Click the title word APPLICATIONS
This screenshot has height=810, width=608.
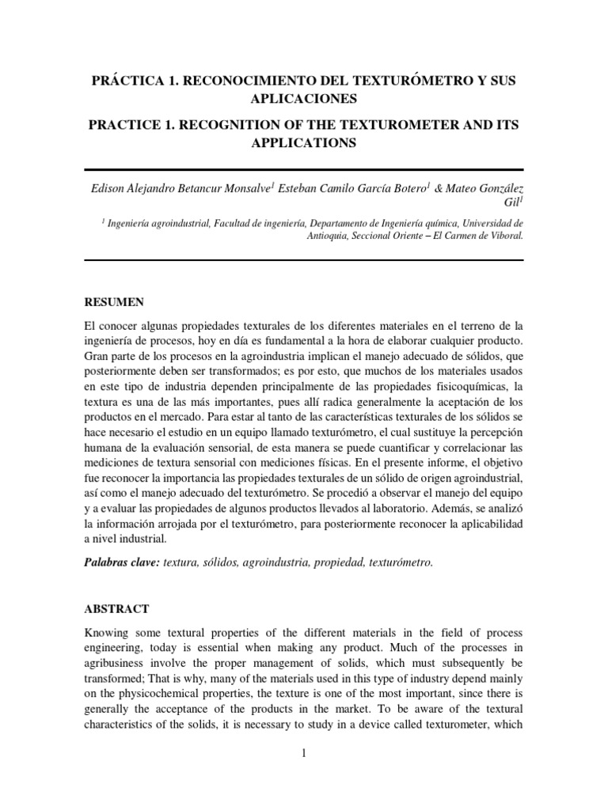click(304, 143)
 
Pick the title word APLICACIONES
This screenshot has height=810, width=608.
click(304, 100)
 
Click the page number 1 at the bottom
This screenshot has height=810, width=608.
click(303, 754)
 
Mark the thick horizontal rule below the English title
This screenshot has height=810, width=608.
click(303, 168)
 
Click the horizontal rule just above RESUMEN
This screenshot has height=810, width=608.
click(303, 259)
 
